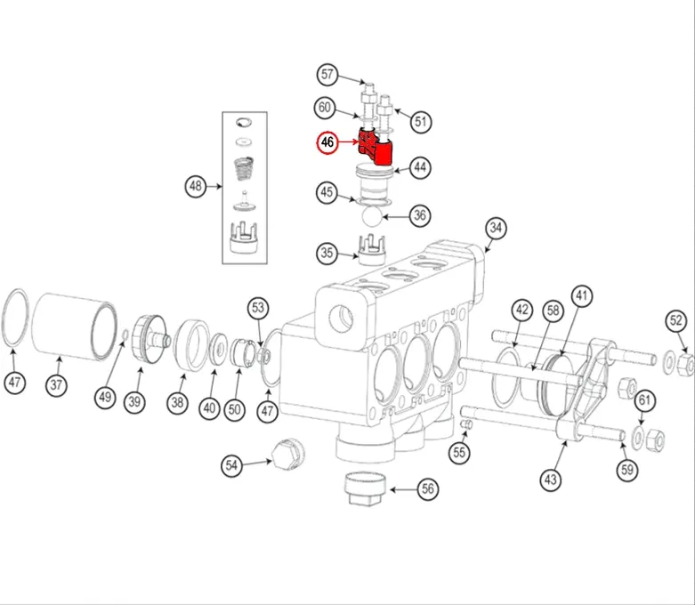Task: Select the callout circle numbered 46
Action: [328, 141]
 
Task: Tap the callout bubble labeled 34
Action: [496, 229]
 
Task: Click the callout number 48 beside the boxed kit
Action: [197, 186]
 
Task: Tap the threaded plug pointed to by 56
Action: [364, 488]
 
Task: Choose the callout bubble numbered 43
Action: [551, 479]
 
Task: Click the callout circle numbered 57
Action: [328, 74]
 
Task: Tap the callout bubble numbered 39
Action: [133, 402]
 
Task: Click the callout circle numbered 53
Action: [258, 309]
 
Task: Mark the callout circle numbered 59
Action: [629, 469]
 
